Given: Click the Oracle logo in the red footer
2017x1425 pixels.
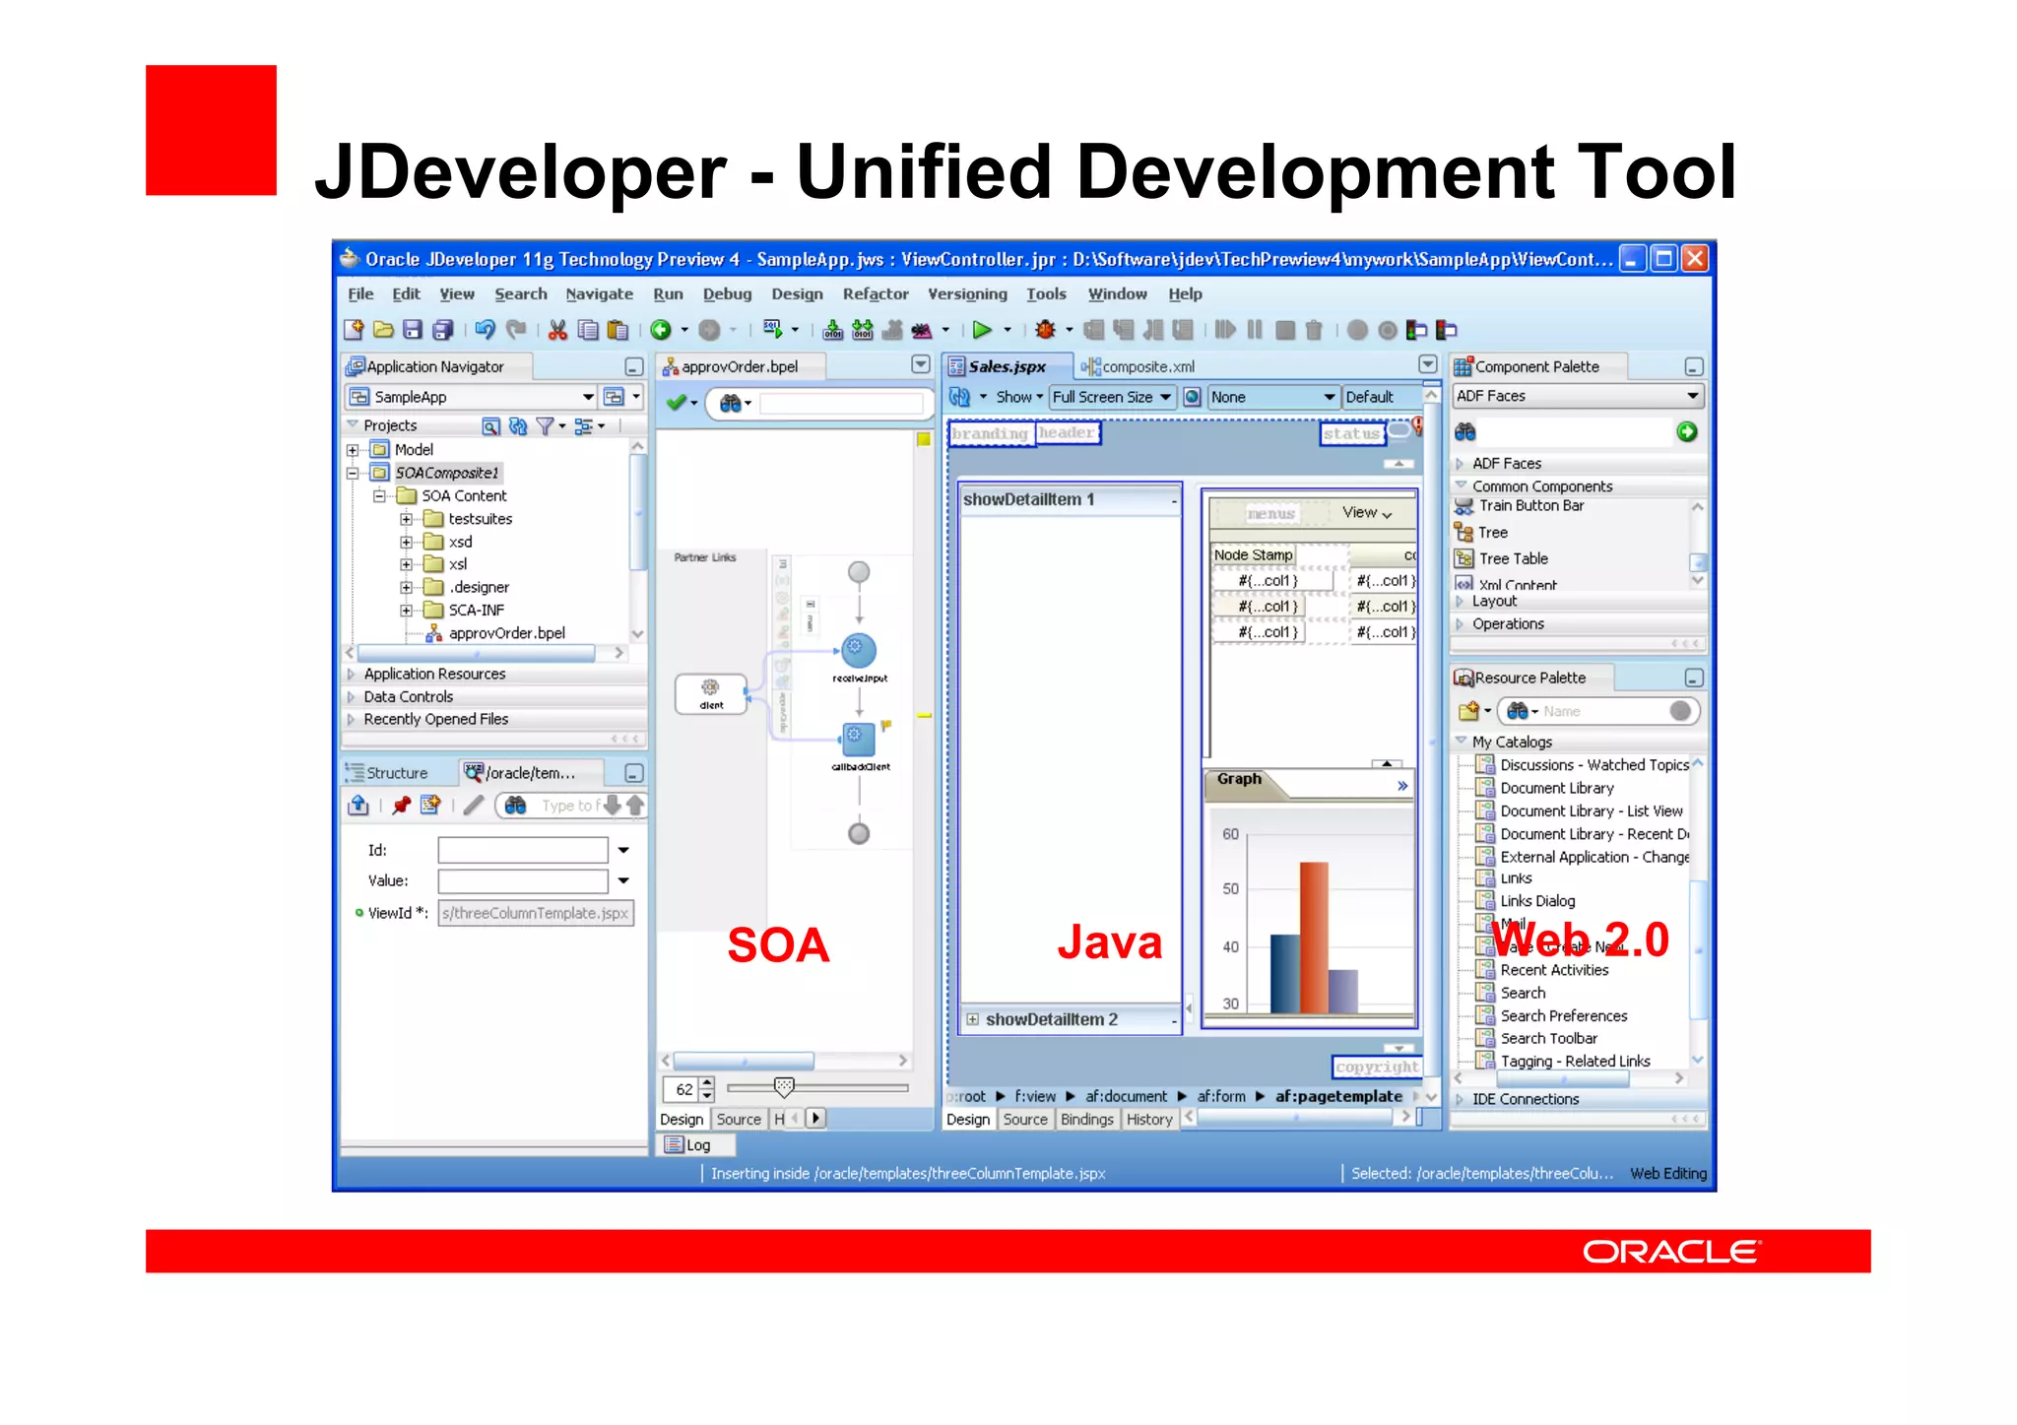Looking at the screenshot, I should click(1670, 1252).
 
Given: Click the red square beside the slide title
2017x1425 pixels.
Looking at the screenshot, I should click(211, 130).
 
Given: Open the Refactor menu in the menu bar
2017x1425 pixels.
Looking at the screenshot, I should click(875, 293).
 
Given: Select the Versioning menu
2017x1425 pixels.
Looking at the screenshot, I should click(967, 293).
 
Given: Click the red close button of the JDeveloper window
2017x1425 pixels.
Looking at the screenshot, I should click(1695, 259).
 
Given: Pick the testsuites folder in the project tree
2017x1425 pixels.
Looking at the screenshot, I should click(480, 519).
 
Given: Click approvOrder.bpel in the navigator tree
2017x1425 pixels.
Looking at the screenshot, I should click(506, 633).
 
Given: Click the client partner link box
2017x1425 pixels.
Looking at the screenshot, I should click(711, 692).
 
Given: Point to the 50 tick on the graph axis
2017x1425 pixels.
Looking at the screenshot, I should click(1231, 888).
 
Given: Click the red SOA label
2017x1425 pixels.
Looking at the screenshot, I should click(778, 945).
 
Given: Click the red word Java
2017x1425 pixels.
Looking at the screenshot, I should click(1110, 942).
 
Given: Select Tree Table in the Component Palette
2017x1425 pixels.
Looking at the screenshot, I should click(1513, 558).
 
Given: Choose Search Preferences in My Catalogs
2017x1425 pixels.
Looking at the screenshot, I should click(1563, 1015).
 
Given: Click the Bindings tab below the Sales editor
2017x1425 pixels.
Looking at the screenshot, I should click(1086, 1120).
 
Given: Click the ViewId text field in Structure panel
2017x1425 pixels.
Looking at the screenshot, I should click(536, 913).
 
